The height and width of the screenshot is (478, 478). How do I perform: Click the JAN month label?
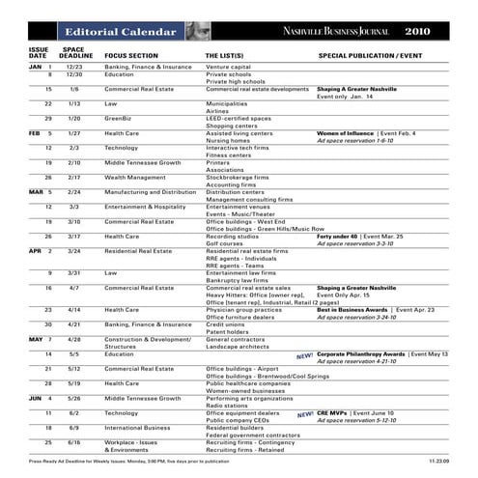point(35,67)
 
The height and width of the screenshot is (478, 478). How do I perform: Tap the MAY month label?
point(36,339)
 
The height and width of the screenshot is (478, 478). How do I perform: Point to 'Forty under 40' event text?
point(338,236)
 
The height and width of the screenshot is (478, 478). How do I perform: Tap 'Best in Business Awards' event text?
point(351,309)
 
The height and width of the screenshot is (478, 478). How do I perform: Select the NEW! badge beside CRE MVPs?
point(305,413)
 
